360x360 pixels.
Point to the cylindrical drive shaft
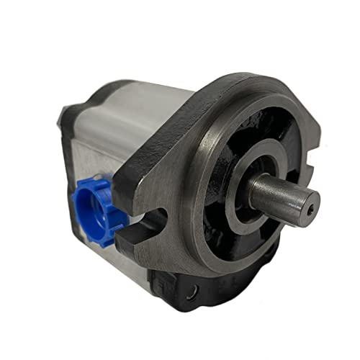coord(277,194)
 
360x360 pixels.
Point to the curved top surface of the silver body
coord(137,97)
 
